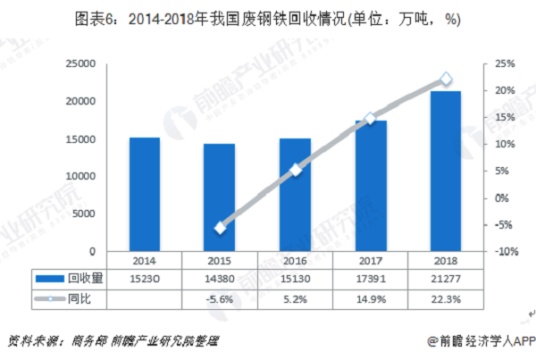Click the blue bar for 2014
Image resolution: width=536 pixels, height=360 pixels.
[144, 195]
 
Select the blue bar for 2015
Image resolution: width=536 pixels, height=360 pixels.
[220, 197]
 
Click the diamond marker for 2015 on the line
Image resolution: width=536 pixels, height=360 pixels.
[220, 228]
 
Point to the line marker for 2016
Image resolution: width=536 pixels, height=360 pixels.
[296, 169]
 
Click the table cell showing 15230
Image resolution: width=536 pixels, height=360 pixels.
[144, 279]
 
